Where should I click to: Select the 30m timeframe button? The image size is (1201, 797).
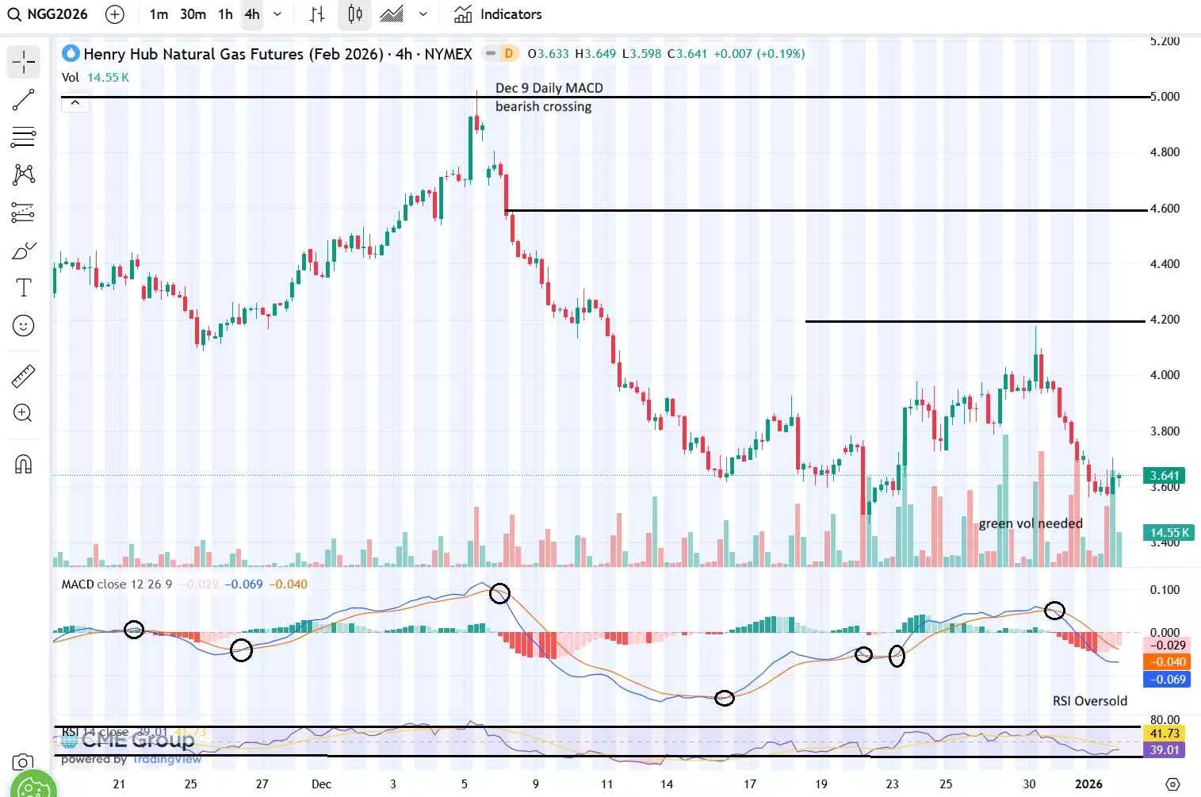(193, 14)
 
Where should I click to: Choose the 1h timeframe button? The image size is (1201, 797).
(225, 14)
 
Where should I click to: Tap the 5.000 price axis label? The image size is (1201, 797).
(1165, 97)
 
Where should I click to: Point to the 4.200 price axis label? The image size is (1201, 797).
(1165, 320)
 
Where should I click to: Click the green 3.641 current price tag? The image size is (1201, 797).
(1164, 476)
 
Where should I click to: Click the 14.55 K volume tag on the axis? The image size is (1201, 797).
(1168, 533)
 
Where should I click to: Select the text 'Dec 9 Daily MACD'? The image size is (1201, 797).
(549, 88)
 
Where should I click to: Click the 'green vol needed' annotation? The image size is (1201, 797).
(1030, 523)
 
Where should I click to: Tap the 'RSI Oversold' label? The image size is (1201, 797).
(1089, 701)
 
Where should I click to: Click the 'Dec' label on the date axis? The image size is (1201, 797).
(321, 784)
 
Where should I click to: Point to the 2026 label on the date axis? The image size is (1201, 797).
(1088, 784)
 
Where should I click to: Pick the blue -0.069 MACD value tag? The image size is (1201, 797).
(1167, 680)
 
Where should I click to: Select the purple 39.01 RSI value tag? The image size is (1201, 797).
(1164, 750)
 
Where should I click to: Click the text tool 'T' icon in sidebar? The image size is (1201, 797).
(24, 287)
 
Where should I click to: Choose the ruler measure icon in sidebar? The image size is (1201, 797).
(24, 376)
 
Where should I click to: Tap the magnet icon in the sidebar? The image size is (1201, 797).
(24, 464)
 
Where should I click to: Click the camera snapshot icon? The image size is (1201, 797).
(23, 763)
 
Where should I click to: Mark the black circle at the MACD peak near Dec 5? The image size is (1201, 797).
(499, 593)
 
